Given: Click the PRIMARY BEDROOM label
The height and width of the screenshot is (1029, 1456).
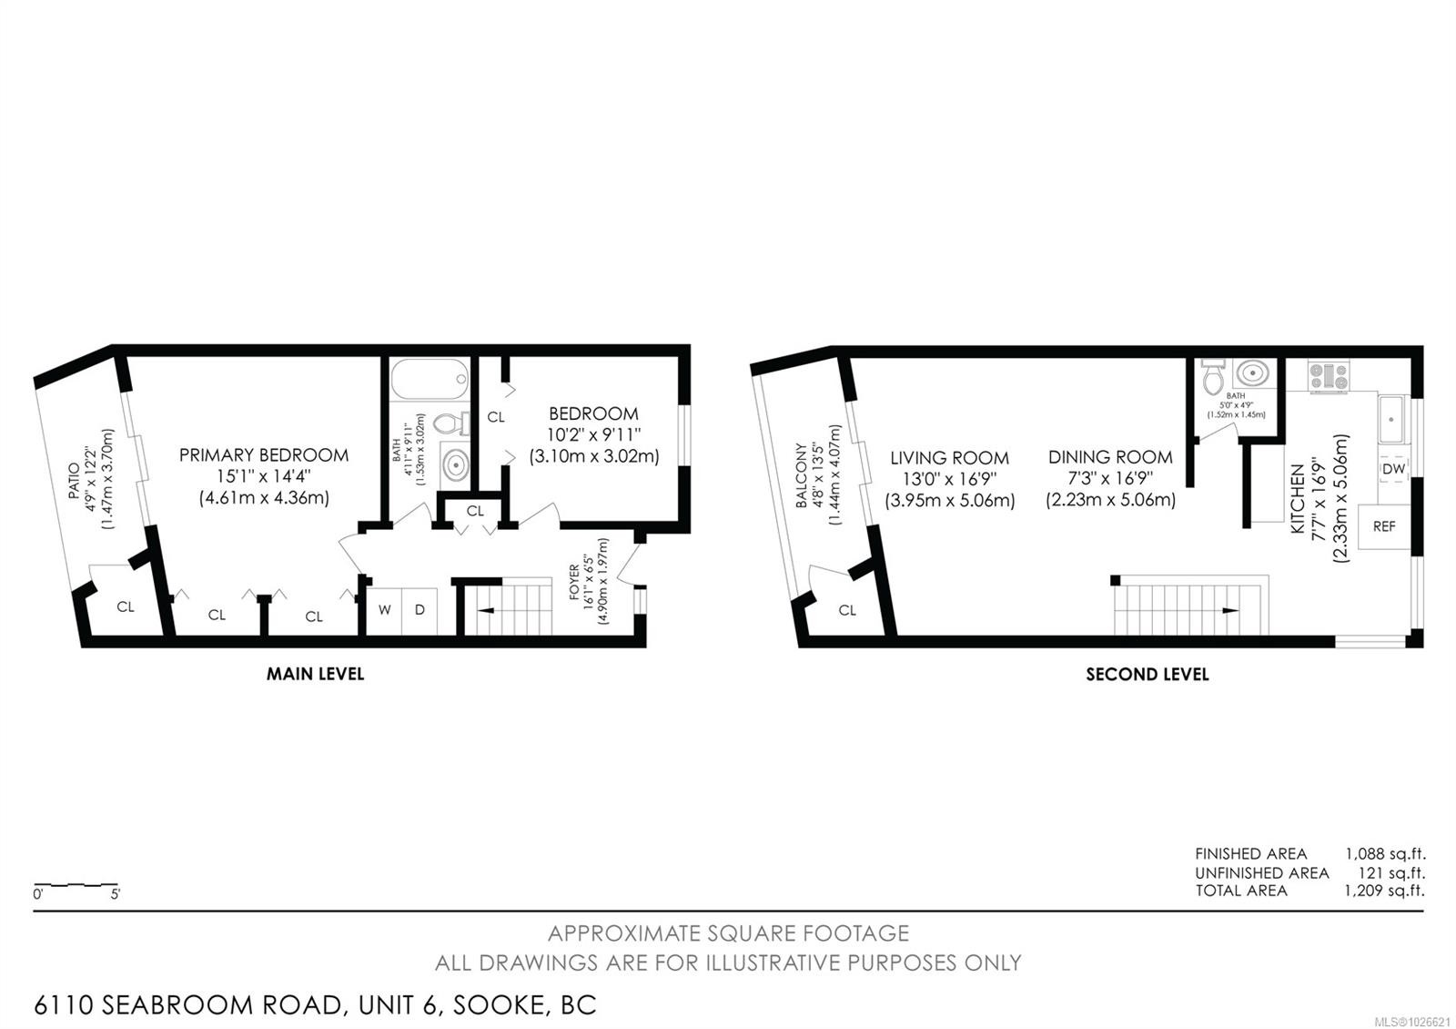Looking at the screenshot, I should point(263,455).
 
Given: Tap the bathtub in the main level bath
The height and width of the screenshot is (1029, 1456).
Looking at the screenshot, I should point(430,376).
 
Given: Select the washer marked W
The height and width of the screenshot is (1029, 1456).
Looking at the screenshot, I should point(385,610).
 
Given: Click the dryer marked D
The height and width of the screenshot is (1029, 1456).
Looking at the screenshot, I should point(420,610).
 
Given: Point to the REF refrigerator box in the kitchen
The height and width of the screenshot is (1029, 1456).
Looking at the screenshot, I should point(1383,526).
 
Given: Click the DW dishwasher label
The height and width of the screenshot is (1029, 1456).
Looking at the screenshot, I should point(1393,469).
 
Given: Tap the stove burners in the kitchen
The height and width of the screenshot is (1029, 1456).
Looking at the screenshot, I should point(1329,376).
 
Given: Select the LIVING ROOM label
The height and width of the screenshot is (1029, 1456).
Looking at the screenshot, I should point(949,458).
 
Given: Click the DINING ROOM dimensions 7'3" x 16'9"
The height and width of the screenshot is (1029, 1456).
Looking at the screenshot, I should point(1110,479).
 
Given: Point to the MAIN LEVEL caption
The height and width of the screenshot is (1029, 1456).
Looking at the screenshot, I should point(315,674).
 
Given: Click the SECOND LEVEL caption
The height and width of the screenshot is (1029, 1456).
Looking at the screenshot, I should point(1147,674).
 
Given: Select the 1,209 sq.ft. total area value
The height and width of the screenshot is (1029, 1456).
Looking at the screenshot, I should point(1384,891).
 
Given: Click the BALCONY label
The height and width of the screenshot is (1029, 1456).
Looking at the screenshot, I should point(801,475).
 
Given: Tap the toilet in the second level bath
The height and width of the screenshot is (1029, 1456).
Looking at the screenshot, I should point(1213,375).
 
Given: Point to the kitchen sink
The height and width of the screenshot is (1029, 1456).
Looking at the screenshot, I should point(1390,420).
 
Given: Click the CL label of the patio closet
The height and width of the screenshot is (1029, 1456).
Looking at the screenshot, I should point(126,607).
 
